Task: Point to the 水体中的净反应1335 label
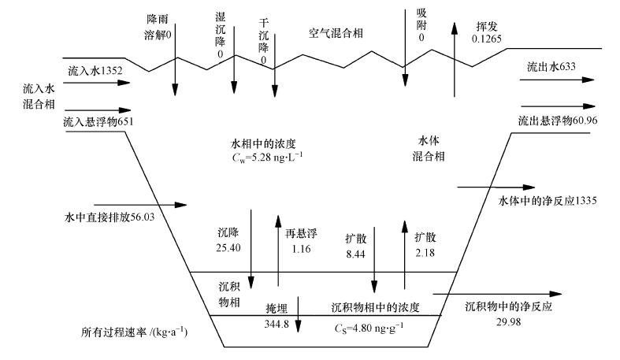(546, 201)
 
